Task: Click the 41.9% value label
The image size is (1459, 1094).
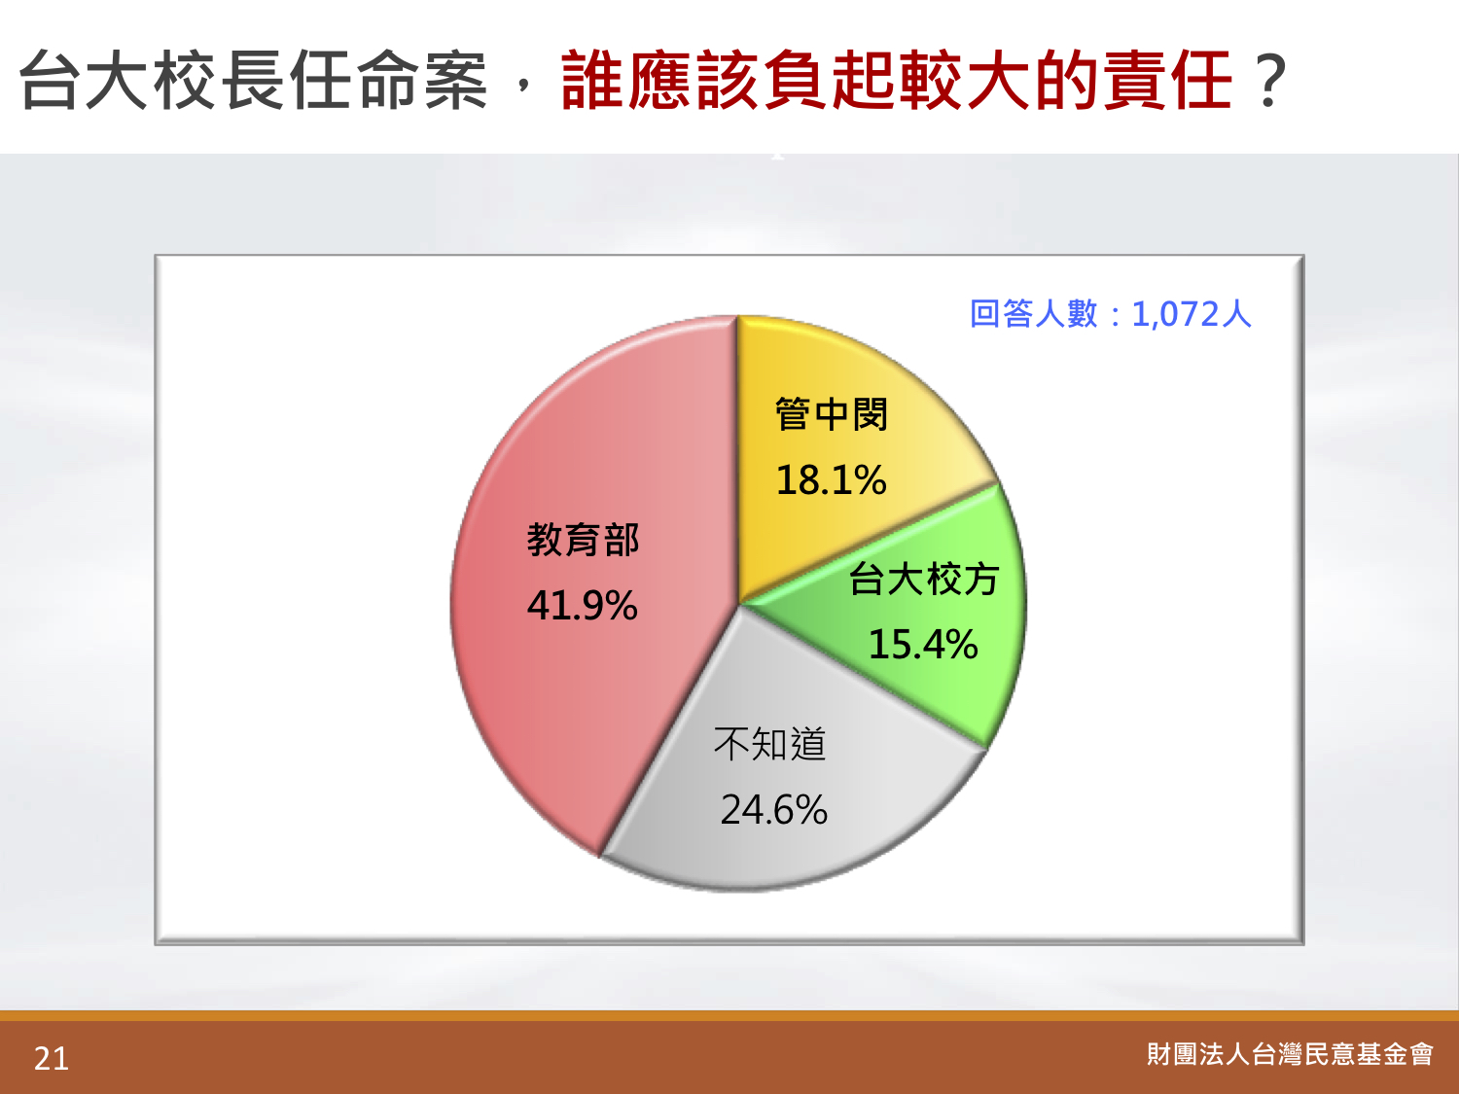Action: coord(583,606)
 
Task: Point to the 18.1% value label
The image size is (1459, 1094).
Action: coord(831,479)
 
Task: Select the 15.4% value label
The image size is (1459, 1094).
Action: coord(923,645)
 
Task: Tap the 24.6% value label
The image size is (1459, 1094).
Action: coord(773,810)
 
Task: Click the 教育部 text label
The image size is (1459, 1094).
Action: coord(583,540)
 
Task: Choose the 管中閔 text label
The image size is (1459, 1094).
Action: coord(831,414)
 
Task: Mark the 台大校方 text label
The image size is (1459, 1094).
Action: coord(924,579)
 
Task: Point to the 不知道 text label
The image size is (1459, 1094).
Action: coord(769,743)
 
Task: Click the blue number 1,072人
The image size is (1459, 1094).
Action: coord(1192,314)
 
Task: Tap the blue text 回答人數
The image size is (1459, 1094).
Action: coord(1034,313)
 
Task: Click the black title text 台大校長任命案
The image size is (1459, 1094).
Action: coord(254,81)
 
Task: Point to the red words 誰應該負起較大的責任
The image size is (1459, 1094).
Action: coord(897,81)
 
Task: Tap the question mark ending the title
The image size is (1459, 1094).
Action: coord(1268,81)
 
